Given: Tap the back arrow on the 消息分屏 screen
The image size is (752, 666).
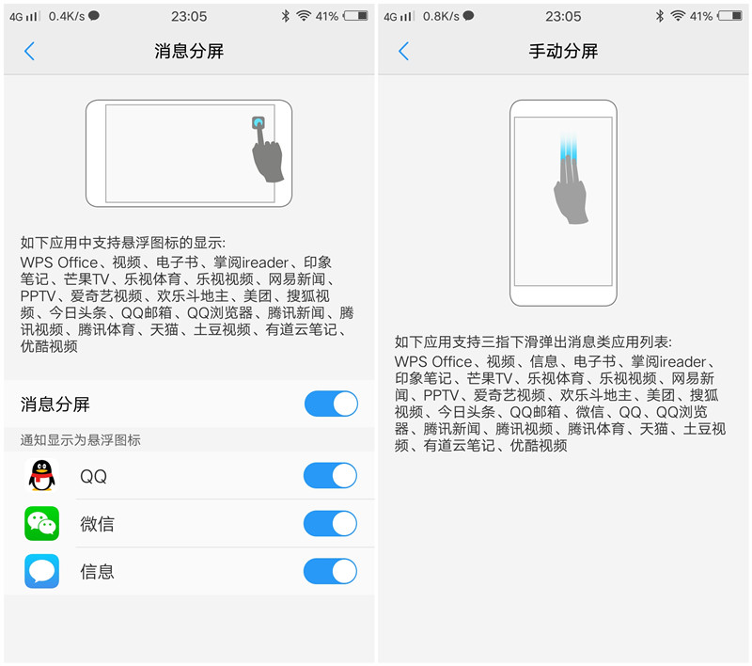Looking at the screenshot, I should [29, 52].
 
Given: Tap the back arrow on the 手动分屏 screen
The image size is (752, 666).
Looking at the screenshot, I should [403, 52].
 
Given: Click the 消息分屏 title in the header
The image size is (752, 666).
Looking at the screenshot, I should [189, 52].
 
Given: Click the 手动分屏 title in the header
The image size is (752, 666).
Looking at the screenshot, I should [563, 52].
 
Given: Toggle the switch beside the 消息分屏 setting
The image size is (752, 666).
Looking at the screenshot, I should [331, 404].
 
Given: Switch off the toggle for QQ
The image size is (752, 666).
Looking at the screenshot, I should [331, 476].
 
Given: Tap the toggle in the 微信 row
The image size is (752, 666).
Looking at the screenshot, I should [331, 524].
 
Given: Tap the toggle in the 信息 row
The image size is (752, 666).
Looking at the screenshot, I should [331, 571].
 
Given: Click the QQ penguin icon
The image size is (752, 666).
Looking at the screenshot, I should [41, 476].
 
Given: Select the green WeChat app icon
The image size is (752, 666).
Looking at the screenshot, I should [41, 524].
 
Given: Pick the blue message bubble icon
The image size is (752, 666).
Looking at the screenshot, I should [41, 571].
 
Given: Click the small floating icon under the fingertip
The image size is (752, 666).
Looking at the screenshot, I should [258, 123].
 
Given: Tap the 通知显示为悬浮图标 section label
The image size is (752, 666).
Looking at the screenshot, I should [81, 440].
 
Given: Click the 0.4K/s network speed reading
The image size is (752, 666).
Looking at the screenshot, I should [67, 16].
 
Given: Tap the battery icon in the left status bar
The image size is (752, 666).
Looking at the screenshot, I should [356, 16].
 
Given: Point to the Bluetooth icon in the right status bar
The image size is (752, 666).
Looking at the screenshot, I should [659, 16].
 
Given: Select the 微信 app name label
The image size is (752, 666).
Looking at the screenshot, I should [97, 524].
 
